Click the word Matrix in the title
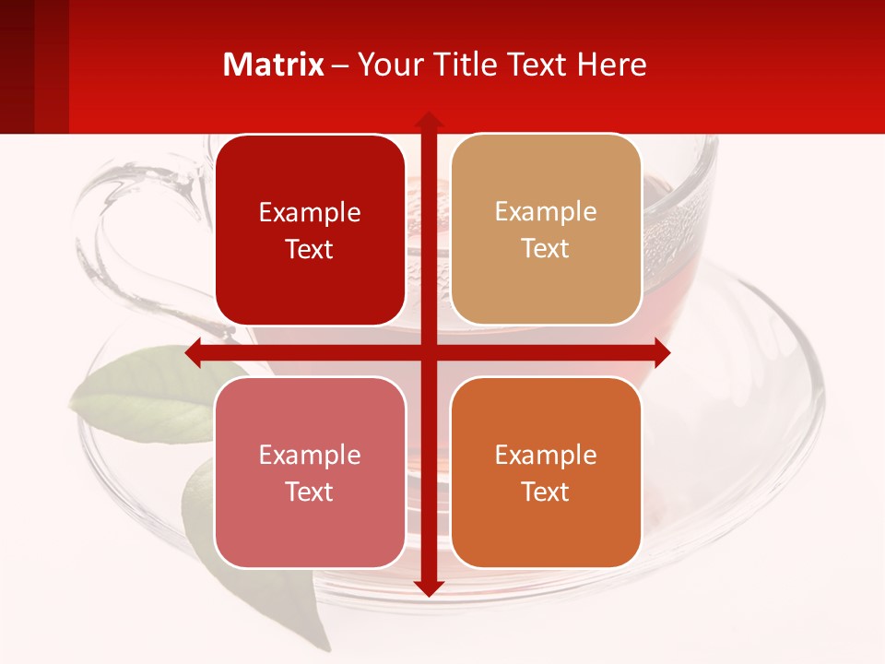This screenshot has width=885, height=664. pyautogui.click(x=274, y=65)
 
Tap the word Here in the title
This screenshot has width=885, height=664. pyautogui.click(x=611, y=65)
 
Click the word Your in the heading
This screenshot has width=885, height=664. pyautogui.click(x=387, y=65)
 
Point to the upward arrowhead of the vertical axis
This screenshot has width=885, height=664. pyautogui.click(x=428, y=121)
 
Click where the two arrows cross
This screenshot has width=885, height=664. pyautogui.click(x=428, y=353)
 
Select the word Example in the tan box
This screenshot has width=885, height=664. pyautogui.click(x=546, y=211)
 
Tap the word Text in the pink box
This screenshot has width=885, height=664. pyautogui.click(x=310, y=492)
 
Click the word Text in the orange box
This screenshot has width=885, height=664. pyautogui.click(x=546, y=492)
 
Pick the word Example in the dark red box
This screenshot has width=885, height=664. pyautogui.click(x=310, y=212)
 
